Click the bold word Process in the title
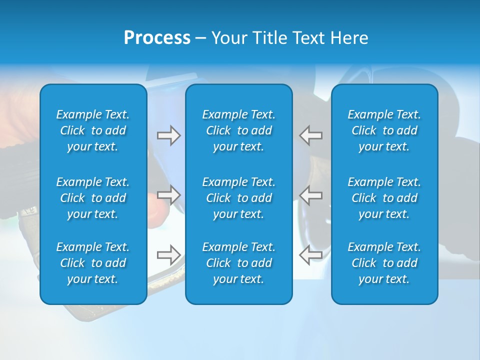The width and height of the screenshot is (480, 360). [157, 38]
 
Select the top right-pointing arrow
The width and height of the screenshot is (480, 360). [168, 135]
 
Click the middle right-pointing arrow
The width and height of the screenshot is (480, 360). [168, 195]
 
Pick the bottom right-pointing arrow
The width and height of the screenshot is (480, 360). [168, 254]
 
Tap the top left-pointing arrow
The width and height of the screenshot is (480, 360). [311, 135]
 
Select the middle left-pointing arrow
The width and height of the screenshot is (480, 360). [311, 195]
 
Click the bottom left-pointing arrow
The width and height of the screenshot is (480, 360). [311, 254]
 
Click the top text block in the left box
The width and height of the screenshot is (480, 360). [93, 130]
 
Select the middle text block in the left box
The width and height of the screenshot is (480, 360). [93, 198]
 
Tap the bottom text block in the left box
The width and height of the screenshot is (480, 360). [93, 263]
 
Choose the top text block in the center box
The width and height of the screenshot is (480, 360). [239, 130]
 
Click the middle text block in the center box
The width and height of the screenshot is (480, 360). [239, 198]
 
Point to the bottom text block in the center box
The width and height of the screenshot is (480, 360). [239, 263]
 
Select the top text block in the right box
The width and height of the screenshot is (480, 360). [384, 130]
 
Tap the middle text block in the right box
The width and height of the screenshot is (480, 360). [384, 198]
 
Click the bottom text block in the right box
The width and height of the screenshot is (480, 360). [384, 263]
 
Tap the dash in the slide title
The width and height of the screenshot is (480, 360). [200, 38]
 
